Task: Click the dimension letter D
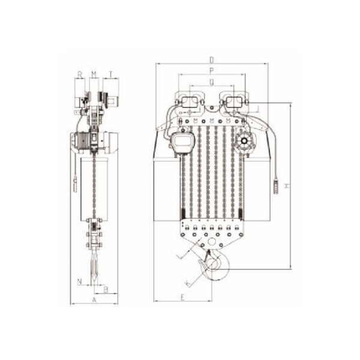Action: point(212,59)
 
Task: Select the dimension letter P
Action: point(212,70)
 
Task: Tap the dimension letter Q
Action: point(212,81)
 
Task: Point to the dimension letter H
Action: point(288,186)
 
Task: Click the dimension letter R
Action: point(79,74)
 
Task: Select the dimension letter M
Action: point(94,74)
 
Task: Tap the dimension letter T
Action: point(110,74)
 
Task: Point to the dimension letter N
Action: point(79,280)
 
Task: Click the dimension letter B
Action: point(106,290)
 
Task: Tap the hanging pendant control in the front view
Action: point(276,186)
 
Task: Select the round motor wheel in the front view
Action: point(245,143)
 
